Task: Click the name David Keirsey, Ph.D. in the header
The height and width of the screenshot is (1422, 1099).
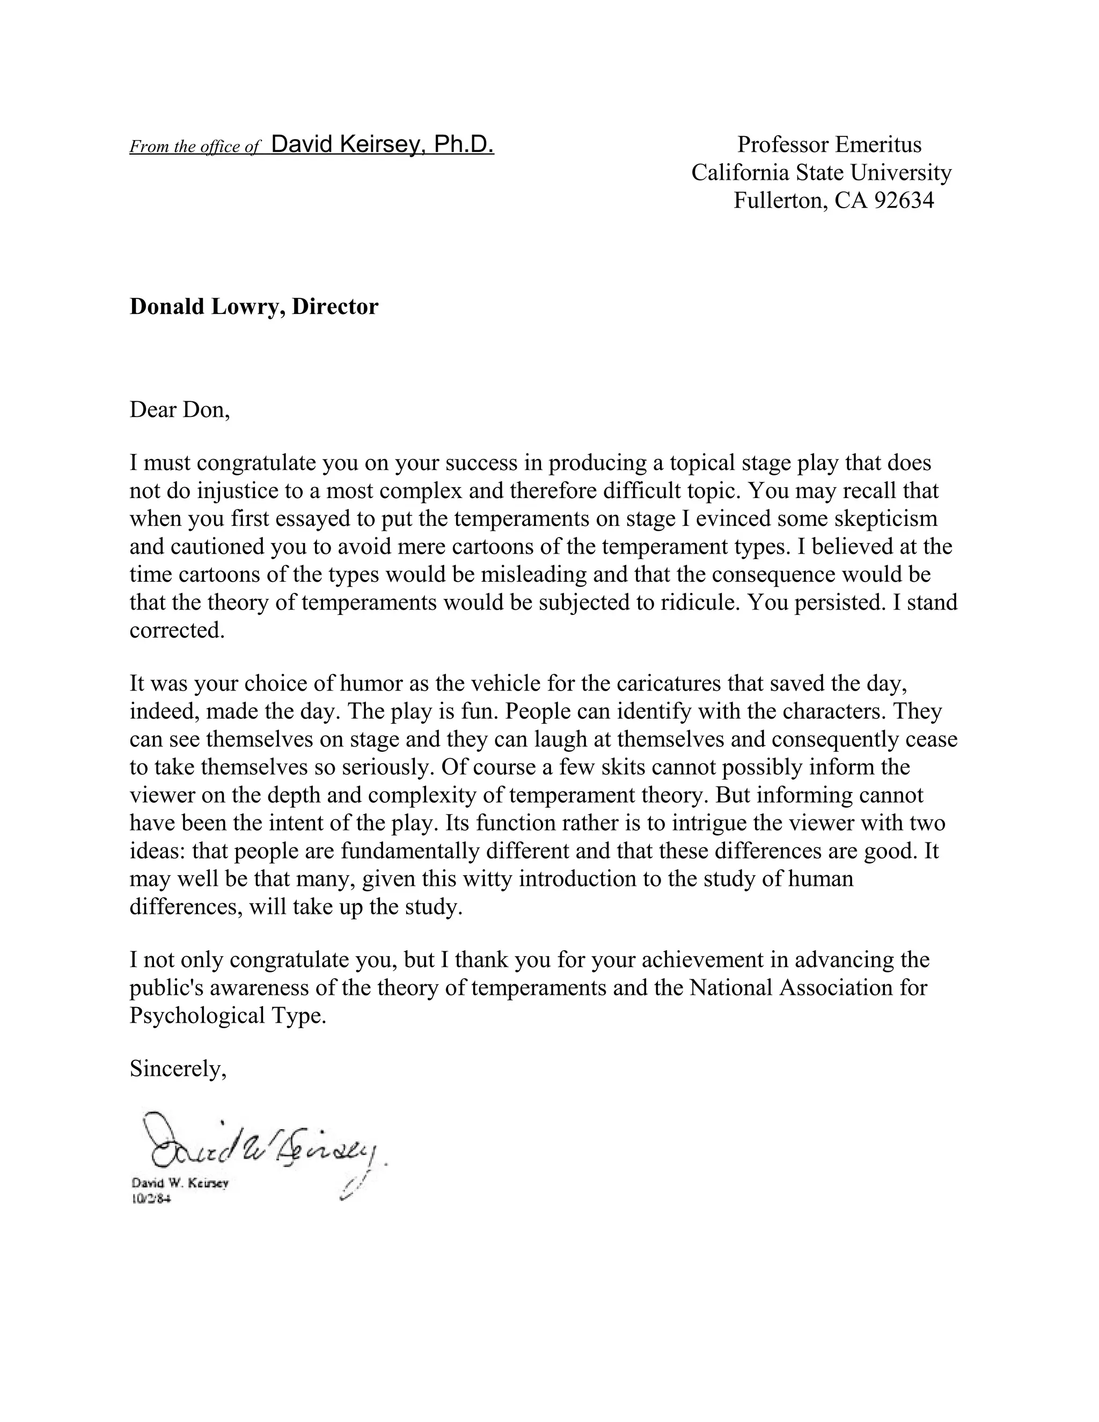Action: [382, 144]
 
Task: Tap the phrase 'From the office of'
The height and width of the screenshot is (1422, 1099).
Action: [195, 146]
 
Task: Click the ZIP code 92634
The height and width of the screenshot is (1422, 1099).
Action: [904, 201]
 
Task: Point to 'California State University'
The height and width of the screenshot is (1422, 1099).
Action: [821, 173]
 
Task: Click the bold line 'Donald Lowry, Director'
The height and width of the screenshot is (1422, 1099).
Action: [253, 306]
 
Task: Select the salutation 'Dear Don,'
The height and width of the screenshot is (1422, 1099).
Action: [180, 409]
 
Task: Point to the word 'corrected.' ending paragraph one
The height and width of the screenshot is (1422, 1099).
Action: [177, 631]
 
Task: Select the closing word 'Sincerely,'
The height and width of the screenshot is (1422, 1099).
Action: [178, 1069]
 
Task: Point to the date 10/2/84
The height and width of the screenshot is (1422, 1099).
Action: [151, 1199]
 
